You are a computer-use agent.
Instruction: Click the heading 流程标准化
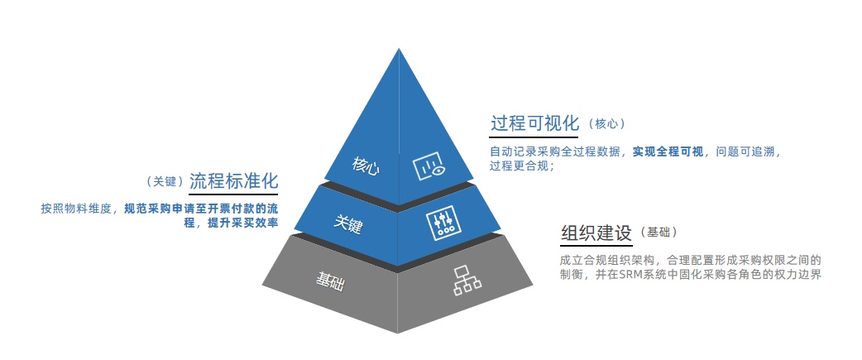point(233,181)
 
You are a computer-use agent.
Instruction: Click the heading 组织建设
point(596,233)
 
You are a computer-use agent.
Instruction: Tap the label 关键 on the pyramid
point(348,223)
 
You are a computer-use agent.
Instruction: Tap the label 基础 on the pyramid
point(330,281)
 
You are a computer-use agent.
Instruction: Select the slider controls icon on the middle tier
point(443,224)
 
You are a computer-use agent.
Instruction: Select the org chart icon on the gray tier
point(467,281)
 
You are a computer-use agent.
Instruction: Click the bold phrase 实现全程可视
point(668,151)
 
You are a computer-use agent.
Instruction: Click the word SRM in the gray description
point(630,275)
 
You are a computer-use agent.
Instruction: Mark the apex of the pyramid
point(398,48)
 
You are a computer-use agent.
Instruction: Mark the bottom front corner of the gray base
point(397,333)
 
